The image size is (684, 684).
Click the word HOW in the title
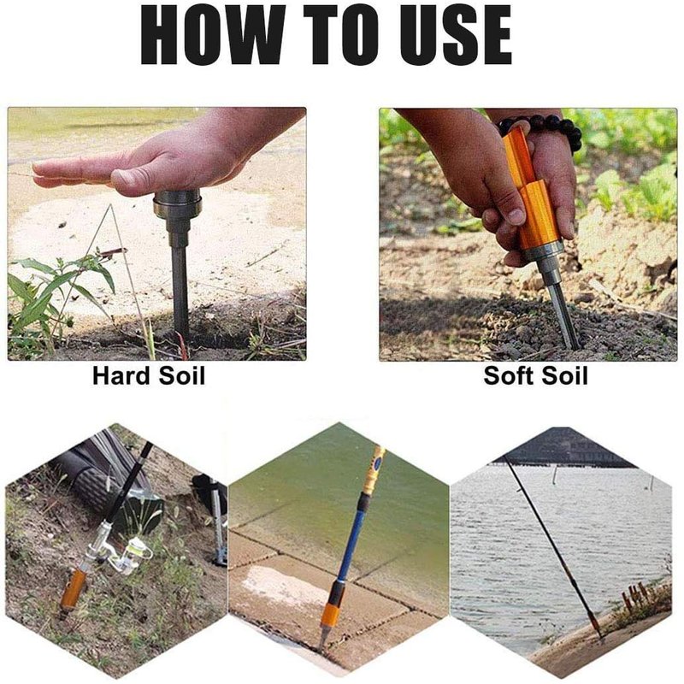coord(212,35)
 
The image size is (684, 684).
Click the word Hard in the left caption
coord(121,375)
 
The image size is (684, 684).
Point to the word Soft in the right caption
coord(510,375)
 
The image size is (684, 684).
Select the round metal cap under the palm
coord(177,204)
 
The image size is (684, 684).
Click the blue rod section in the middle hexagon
coord(352,541)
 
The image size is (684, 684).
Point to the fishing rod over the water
coord(551,545)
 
